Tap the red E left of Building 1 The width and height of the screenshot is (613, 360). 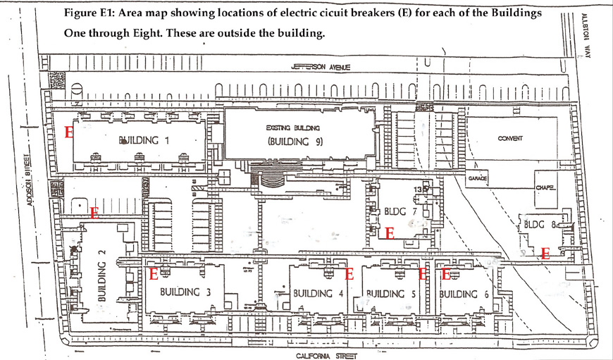pyautogui.click(x=68, y=132)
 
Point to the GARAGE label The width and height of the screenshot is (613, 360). pyautogui.click(x=478, y=180)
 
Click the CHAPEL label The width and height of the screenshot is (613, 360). pyautogui.click(x=545, y=187)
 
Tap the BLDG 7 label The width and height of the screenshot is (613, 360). pyautogui.click(x=385, y=211)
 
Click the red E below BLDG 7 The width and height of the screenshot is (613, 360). pyautogui.click(x=389, y=231)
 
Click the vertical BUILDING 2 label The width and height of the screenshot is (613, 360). pyautogui.click(x=102, y=281)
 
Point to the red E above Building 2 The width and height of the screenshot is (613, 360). pyautogui.click(x=94, y=211)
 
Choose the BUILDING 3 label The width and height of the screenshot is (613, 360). pyautogui.click(x=185, y=292)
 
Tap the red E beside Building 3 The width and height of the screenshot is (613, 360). pyautogui.click(x=153, y=275)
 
